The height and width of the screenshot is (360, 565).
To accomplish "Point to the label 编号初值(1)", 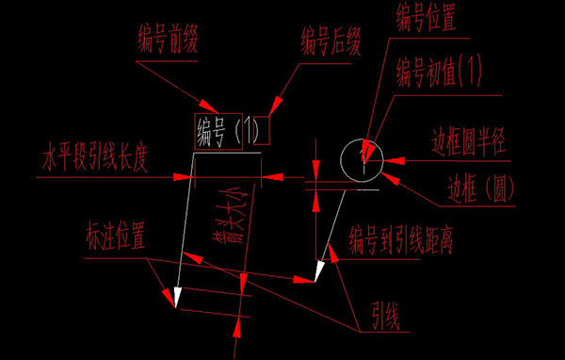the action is [438, 69].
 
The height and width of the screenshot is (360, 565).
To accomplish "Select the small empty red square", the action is [263, 130].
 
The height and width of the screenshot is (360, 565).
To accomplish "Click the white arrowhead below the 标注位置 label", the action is [175, 298].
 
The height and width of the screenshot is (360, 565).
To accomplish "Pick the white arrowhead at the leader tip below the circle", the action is [317, 272].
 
